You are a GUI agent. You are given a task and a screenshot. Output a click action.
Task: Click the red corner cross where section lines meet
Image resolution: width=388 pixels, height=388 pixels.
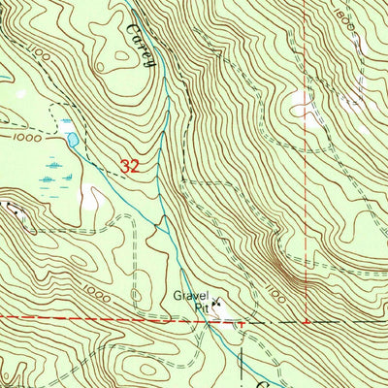307,320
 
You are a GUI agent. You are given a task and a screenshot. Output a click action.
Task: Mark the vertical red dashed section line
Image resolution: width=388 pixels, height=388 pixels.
307,194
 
